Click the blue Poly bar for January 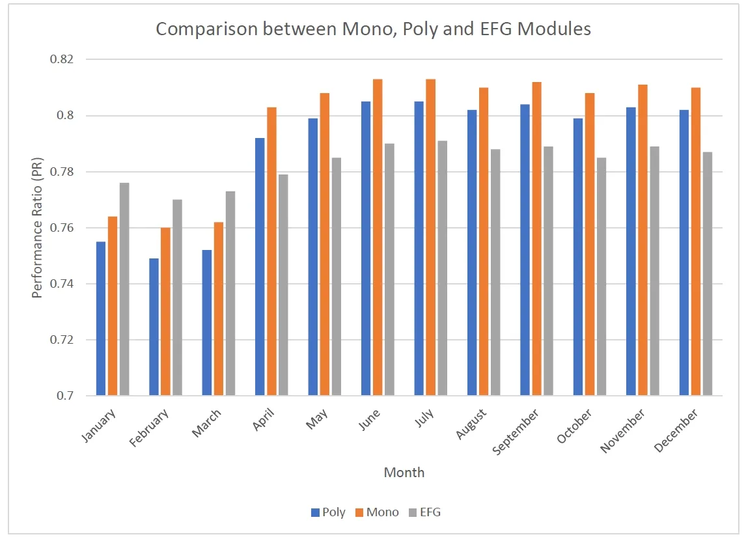(101, 318)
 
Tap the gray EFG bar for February (178, 297)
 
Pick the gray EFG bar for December (708, 273)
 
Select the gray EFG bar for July (443, 268)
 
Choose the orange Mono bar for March (219, 309)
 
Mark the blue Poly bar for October (578, 256)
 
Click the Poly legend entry (329, 512)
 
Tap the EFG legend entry (424, 512)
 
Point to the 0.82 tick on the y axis (62, 59)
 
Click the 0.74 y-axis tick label (62, 284)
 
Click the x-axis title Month (404, 473)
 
